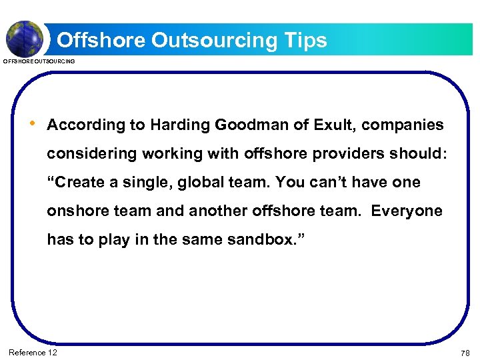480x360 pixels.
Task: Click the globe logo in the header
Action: point(25,38)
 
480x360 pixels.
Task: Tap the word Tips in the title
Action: point(303,40)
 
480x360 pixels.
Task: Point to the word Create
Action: point(79,182)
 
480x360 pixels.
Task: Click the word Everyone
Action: point(407,211)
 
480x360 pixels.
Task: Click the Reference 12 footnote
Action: point(33,352)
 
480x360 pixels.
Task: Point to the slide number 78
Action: point(465,352)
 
